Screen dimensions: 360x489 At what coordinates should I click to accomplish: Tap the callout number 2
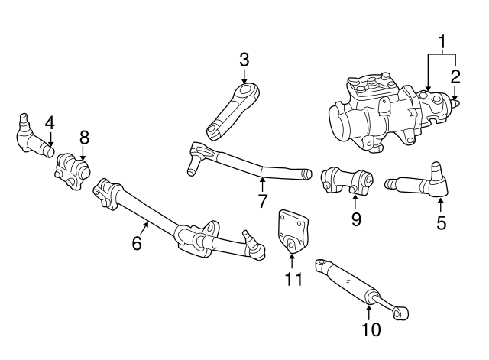click(455, 75)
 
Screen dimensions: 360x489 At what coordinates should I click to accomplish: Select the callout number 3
click(244, 58)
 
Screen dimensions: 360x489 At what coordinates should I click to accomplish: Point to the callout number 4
click(50, 122)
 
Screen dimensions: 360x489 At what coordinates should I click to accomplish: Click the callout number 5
click(442, 224)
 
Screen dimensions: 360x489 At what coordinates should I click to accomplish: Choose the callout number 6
click(137, 244)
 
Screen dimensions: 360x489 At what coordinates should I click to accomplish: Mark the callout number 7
click(261, 203)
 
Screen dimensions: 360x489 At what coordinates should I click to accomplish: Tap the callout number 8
click(84, 137)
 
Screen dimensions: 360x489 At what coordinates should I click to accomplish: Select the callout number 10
click(369, 329)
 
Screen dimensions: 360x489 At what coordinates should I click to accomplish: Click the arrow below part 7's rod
click(261, 183)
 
